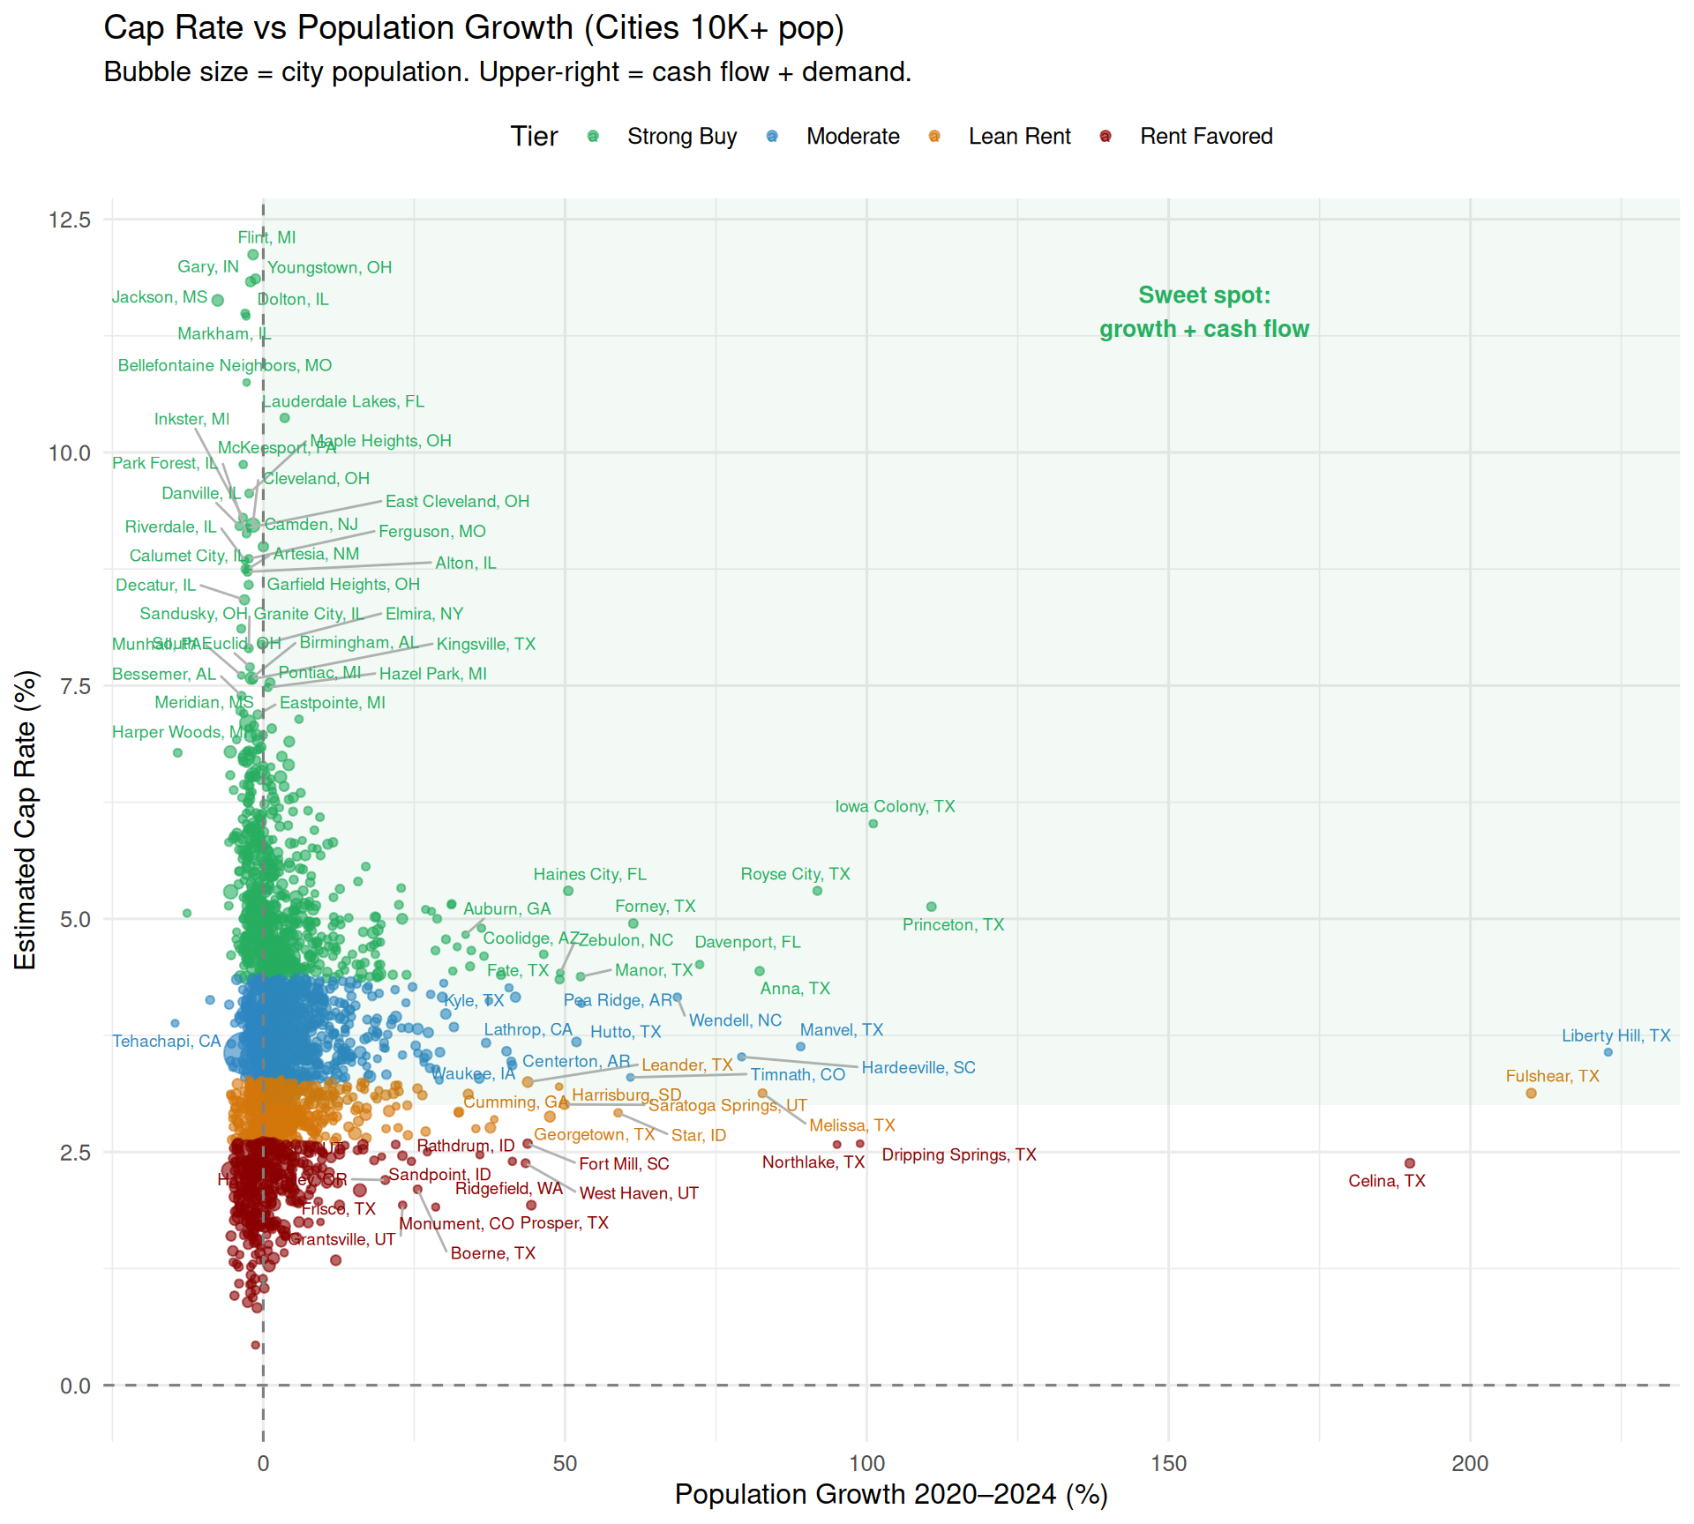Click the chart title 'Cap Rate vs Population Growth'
click(474, 28)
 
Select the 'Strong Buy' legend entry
click(681, 137)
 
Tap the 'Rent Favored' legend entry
click(1205, 137)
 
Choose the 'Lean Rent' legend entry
click(1019, 137)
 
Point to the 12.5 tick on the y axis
click(70, 220)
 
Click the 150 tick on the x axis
click(1168, 1463)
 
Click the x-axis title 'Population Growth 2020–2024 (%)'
click(891, 1494)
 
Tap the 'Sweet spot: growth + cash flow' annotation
click(1203, 312)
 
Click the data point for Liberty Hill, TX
click(1608, 1052)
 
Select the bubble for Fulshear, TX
click(1531, 1094)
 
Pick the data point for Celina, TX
click(1409, 1163)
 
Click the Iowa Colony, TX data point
click(873, 824)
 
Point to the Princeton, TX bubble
click(931, 907)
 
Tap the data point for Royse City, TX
click(817, 891)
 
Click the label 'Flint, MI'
click(266, 237)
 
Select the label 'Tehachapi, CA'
click(166, 1042)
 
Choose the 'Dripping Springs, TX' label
click(959, 1154)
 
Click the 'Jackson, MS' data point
click(218, 300)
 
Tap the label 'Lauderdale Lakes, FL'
click(344, 401)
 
